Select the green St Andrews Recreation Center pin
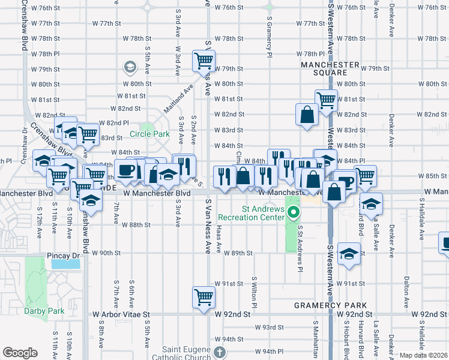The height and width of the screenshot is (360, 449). (294, 212)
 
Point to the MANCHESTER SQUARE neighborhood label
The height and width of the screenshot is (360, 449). (330, 69)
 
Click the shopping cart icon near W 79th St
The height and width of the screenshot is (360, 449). (203, 61)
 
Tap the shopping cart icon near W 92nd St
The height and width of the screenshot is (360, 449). (203, 296)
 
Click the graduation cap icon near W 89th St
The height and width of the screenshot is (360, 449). (349, 253)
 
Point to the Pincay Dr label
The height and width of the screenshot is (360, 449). (63, 256)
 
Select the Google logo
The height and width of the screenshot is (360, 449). (20, 353)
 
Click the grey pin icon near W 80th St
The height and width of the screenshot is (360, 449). (130, 67)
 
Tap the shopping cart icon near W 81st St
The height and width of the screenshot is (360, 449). (326, 100)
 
